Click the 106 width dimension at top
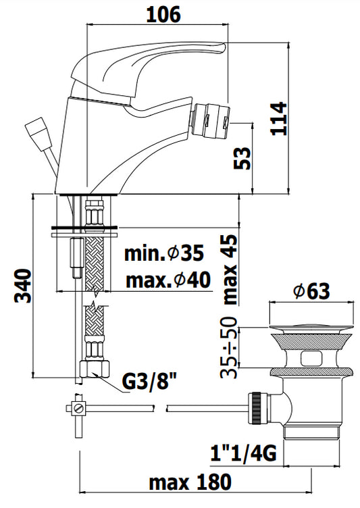click(x=163, y=15)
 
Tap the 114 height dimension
click(x=279, y=119)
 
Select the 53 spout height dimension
click(x=242, y=159)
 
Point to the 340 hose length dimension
click(x=23, y=286)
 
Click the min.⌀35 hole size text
click(x=164, y=253)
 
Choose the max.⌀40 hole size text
click(x=168, y=280)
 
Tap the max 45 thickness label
click(x=230, y=270)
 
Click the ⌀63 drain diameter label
click(x=311, y=291)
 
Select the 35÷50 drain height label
click(x=229, y=348)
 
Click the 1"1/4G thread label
click(x=243, y=453)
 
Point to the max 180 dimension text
click(x=190, y=482)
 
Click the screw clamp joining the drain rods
click(x=77, y=407)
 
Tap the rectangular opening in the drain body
click(x=311, y=357)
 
